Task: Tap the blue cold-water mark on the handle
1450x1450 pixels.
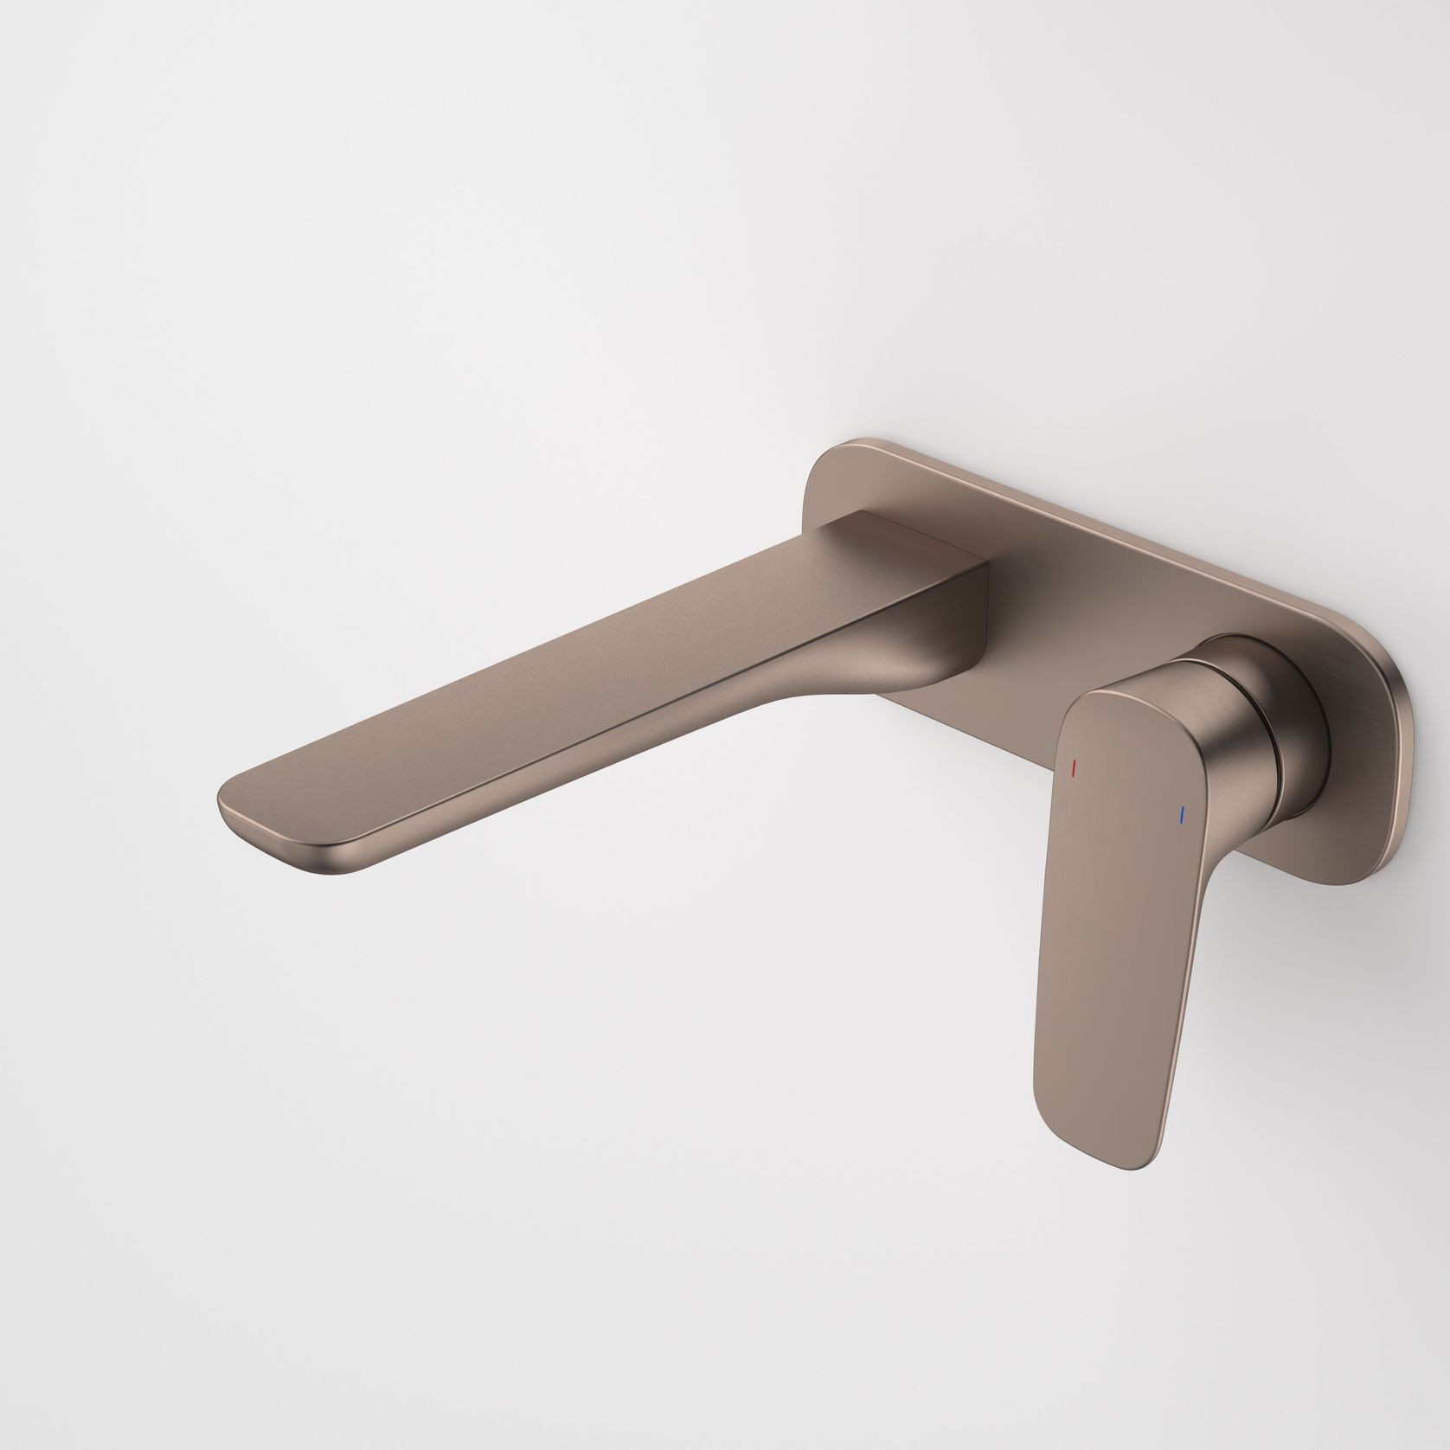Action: [x=1182, y=814]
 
